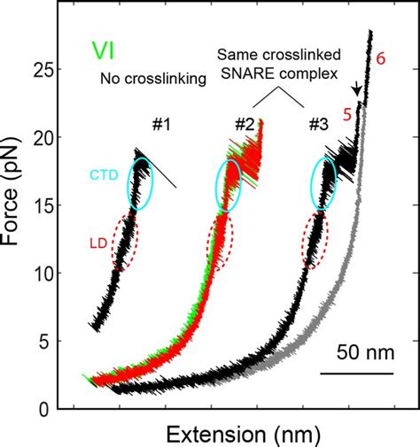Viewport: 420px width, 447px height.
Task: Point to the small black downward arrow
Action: coord(356,89)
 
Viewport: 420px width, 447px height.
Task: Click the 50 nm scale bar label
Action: coord(358,354)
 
